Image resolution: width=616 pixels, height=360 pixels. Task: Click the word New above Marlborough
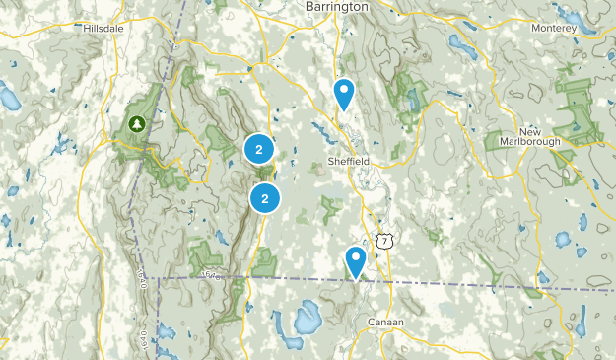pyautogui.click(x=530, y=131)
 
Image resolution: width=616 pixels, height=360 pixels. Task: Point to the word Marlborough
pyautogui.click(x=530, y=142)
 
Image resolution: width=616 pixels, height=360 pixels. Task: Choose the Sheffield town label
pyautogui.click(x=348, y=159)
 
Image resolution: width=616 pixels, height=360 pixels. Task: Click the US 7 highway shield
pyautogui.click(x=384, y=240)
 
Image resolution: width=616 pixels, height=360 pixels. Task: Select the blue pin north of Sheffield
pyautogui.click(x=344, y=94)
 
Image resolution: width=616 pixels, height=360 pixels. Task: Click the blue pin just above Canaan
pyautogui.click(x=356, y=261)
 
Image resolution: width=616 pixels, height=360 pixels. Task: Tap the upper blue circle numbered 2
pyautogui.click(x=258, y=150)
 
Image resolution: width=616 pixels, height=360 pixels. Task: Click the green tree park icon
pyautogui.click(x=136, y=124)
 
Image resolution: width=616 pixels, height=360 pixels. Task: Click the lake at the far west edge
pyautogui.click(x=9, y=97)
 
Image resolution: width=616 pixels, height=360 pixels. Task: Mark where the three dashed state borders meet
pyautogui.click(x=161, y=279)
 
